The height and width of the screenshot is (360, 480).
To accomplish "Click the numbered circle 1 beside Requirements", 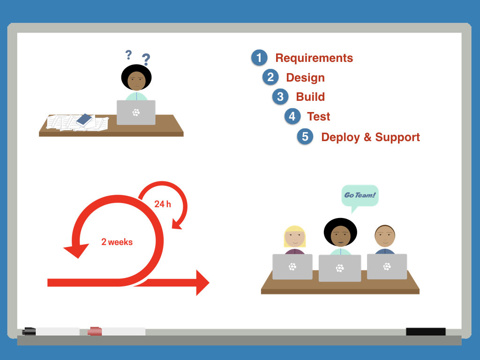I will pyautogui.click(x=259, y=58).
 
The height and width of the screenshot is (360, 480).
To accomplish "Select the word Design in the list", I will pyautogui.click(x=305, y=78).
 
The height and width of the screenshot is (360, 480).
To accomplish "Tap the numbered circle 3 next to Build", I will pyautogui.click(x=280, y=97).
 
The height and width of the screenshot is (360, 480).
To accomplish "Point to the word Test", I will pyautogui.click(x=319, y=117).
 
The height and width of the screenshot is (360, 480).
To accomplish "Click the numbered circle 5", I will pyautogui.click(x=305, y=137).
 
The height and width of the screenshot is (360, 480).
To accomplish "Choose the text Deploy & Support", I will pyautogui.click(x=370, y=137).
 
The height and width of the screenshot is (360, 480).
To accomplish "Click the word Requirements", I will pyautogui.click(x=314, y=58).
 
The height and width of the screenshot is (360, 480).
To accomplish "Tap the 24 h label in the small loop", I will pyautogui.click(x=163, y=204).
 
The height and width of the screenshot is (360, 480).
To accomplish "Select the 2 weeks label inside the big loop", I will pyautogui.click(x=117, y=242).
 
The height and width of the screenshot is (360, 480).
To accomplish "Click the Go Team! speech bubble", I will pyautogui.click(x=360, y=195).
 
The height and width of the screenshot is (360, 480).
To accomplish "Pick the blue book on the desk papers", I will pyautogui.click(x=84, y=120).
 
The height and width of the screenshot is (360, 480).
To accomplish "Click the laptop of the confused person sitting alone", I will pyautogui.click(x=136, y=112).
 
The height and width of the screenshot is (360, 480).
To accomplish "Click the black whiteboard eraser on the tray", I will pyautogui.click(x=426, y=332).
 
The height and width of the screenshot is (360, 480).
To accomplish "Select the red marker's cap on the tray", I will pyautogui.click(x=95, y=331).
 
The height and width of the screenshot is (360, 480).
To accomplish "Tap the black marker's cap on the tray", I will pyautogui.click(x=30, y=331).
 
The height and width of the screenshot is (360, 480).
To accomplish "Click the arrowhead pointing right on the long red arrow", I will pyautogui.click(x=202, y=283).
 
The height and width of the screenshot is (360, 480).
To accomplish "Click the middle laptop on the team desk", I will pyautogui.click(x=340, y=268).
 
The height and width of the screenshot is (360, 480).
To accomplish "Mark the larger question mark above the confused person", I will pyautogui.click(x=146, y=60).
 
